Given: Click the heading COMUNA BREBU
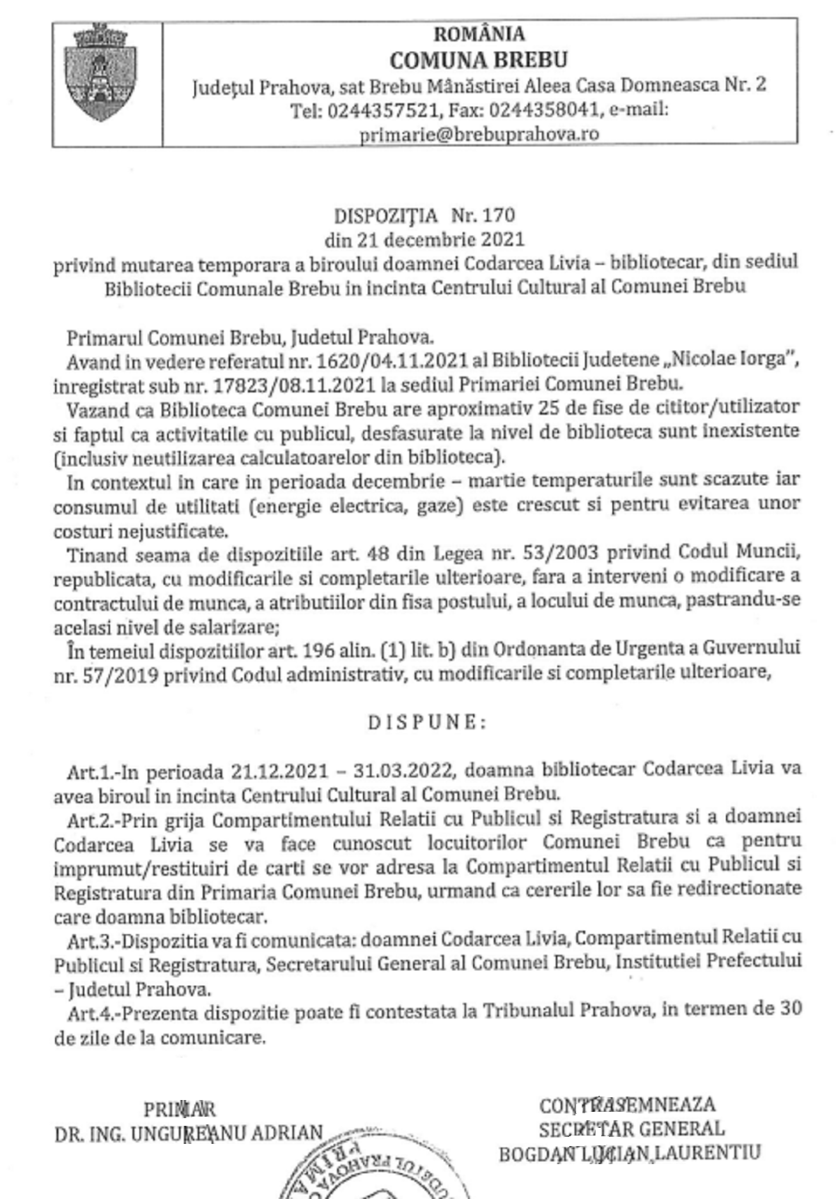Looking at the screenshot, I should pyautogui.click(x=479, y=60).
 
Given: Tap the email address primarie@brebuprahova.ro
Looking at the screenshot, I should pyautogui.click(x=479, y=134).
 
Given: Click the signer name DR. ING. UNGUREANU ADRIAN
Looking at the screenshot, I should pyautogui.click(x=189, y=1133).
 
